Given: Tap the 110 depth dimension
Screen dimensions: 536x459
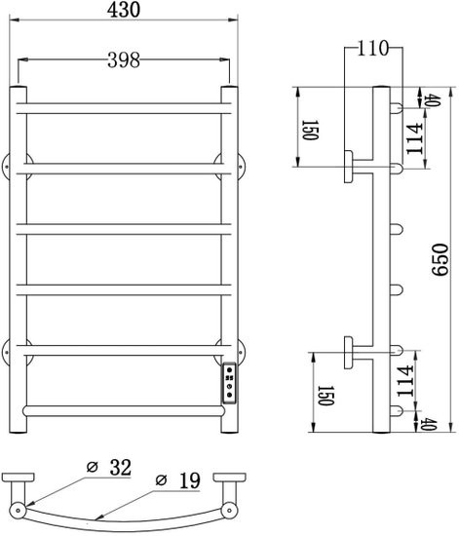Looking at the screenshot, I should coord(370,49).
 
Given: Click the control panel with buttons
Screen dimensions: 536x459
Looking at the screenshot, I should coord(227,383).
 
